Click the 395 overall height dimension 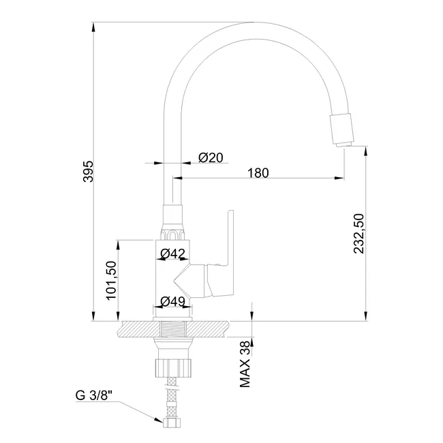[89, 172]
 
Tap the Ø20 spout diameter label [211, 157]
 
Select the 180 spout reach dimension [258, 173]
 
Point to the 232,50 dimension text [358, 233]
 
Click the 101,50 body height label [111, 281]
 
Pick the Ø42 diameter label [172, 254]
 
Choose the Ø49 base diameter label [172, 301]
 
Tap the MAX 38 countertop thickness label [245, 364]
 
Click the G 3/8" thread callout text [94, 395]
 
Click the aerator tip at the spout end [343, 144]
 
